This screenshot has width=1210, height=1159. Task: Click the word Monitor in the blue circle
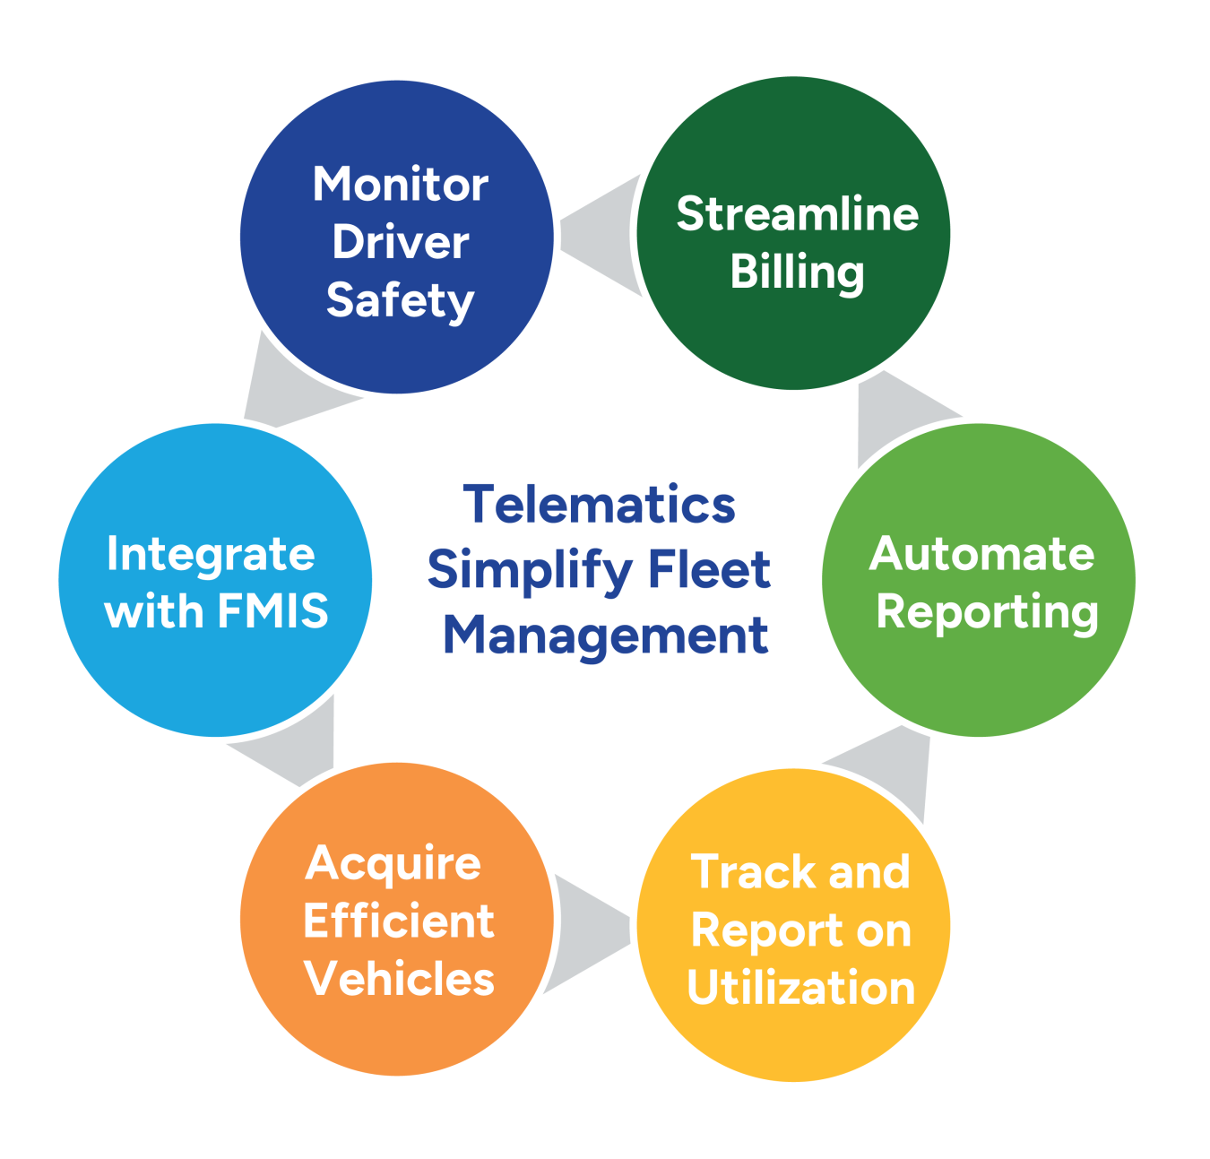(400, 186)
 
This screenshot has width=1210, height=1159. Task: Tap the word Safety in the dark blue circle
(400, 301)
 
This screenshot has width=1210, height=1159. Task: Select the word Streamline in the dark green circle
(797, 215)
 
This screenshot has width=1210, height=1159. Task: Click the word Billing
(797, 272)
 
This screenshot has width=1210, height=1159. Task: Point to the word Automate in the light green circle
(981, 554)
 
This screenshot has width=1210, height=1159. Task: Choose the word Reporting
(987, 613)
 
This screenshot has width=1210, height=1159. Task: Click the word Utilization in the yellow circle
(800, 988)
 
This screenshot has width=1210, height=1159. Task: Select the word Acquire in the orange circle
(393, 864)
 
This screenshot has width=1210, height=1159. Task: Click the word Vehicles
(399, 979)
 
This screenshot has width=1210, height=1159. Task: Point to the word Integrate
(211, 554)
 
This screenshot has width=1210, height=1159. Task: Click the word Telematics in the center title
(599, 505)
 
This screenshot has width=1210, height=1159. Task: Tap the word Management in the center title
(606, 636)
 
